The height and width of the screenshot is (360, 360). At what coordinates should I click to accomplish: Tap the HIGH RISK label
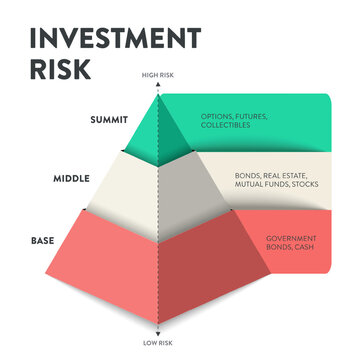tap(158, 76)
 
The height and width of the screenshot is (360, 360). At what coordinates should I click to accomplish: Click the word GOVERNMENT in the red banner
tap(289, 238)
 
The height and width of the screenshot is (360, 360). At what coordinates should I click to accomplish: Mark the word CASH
tap(303, 247)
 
